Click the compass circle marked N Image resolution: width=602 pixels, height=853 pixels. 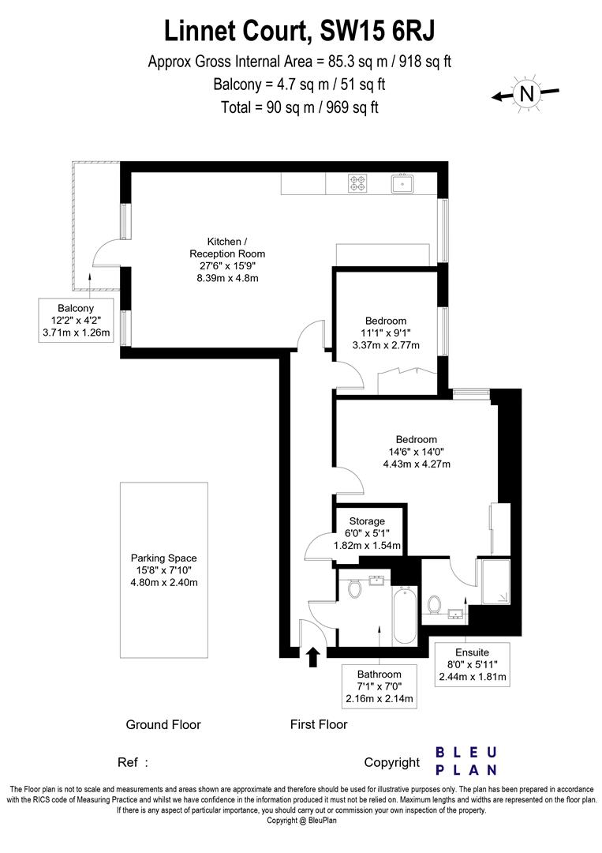point(526,94)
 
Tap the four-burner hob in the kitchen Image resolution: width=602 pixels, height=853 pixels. point(357,183)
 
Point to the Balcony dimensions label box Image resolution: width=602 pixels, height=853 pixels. point(76,321)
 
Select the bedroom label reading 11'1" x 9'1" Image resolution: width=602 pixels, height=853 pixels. point(385,333)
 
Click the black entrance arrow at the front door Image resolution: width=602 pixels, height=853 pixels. point(312,656)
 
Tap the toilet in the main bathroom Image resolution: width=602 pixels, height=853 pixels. point(354,588)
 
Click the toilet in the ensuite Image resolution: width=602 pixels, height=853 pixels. point(433,605)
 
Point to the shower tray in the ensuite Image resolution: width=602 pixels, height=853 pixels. point(495,582)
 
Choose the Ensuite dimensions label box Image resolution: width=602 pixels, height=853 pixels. point(473,663)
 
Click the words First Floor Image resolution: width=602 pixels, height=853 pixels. point(319,724)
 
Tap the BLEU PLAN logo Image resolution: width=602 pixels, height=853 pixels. point(466,761)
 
